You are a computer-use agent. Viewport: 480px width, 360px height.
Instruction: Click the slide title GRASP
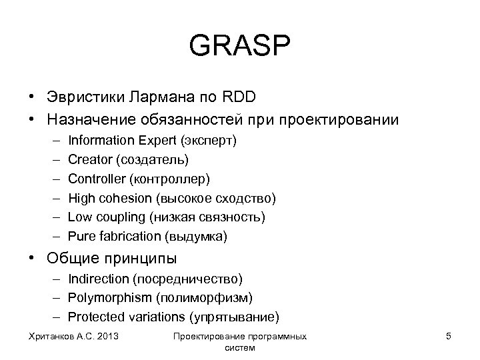pyautogui.click(x=240, y=47)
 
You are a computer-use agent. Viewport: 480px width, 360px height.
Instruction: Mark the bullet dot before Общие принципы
pyautogui.click(x=32, y=257)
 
